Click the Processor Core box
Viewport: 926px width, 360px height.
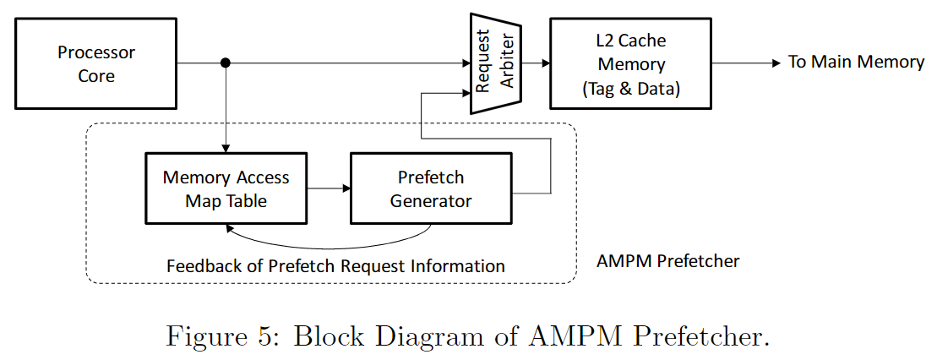point(96,64)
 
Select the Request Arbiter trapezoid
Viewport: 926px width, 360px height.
point(496,63)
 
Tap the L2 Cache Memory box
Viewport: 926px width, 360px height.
point(631,64)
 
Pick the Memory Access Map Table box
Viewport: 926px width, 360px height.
point(226,189)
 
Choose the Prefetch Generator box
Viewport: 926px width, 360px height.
point(430,189)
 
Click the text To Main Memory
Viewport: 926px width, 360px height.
point(855,62)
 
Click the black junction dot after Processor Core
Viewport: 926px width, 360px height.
point(226,63)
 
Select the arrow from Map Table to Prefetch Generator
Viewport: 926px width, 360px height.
point(329,188)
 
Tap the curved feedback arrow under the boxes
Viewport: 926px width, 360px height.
point(330,246)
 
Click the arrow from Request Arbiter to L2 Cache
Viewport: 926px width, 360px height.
point(536,63)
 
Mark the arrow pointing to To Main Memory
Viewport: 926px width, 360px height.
point(744,63)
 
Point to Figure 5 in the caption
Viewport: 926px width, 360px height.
point(222,336)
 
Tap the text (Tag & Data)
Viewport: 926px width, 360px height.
point(631,88)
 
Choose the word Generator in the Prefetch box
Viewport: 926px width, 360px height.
point(431,201)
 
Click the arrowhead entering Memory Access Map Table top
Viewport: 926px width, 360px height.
point(226,148)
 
